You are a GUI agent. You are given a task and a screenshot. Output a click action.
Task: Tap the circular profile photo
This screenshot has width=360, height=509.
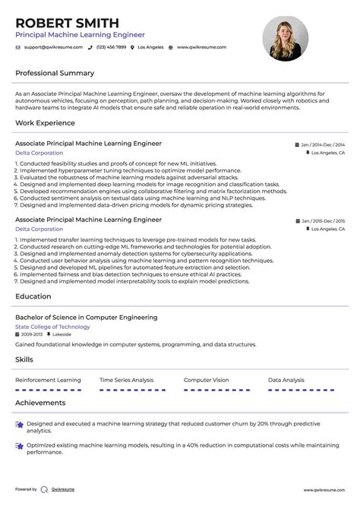[x=285, y=39]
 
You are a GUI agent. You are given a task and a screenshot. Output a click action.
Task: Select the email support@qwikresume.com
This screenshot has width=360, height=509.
[x=51, y=47]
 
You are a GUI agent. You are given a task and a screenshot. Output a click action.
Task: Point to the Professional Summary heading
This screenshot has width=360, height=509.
[x=55, y=74]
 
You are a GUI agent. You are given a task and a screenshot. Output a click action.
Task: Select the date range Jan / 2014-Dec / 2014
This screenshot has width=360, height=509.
[x=322, y=144]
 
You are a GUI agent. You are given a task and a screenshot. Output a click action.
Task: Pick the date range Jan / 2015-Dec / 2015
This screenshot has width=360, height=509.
[x=322, y=220]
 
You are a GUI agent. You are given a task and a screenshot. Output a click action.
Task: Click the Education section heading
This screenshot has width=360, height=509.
[x=33, y=296]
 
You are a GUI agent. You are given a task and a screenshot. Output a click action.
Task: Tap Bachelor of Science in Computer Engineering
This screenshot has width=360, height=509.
[x=87, y=318]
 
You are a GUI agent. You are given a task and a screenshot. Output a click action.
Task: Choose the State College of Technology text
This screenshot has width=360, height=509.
[x=52, y=327]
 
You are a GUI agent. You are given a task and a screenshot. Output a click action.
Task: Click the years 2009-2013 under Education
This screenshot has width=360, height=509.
[x=32, y=334]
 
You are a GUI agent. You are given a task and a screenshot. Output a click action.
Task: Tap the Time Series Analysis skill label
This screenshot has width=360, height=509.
[x=127, y=380]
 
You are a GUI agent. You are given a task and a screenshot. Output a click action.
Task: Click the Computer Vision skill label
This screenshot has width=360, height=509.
[x=206, y=380]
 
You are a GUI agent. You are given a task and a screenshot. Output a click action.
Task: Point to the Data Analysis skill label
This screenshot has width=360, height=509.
[x=286, y=380]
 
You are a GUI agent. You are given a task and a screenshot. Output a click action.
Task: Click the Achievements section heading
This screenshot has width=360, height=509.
[x=40, y=403]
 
